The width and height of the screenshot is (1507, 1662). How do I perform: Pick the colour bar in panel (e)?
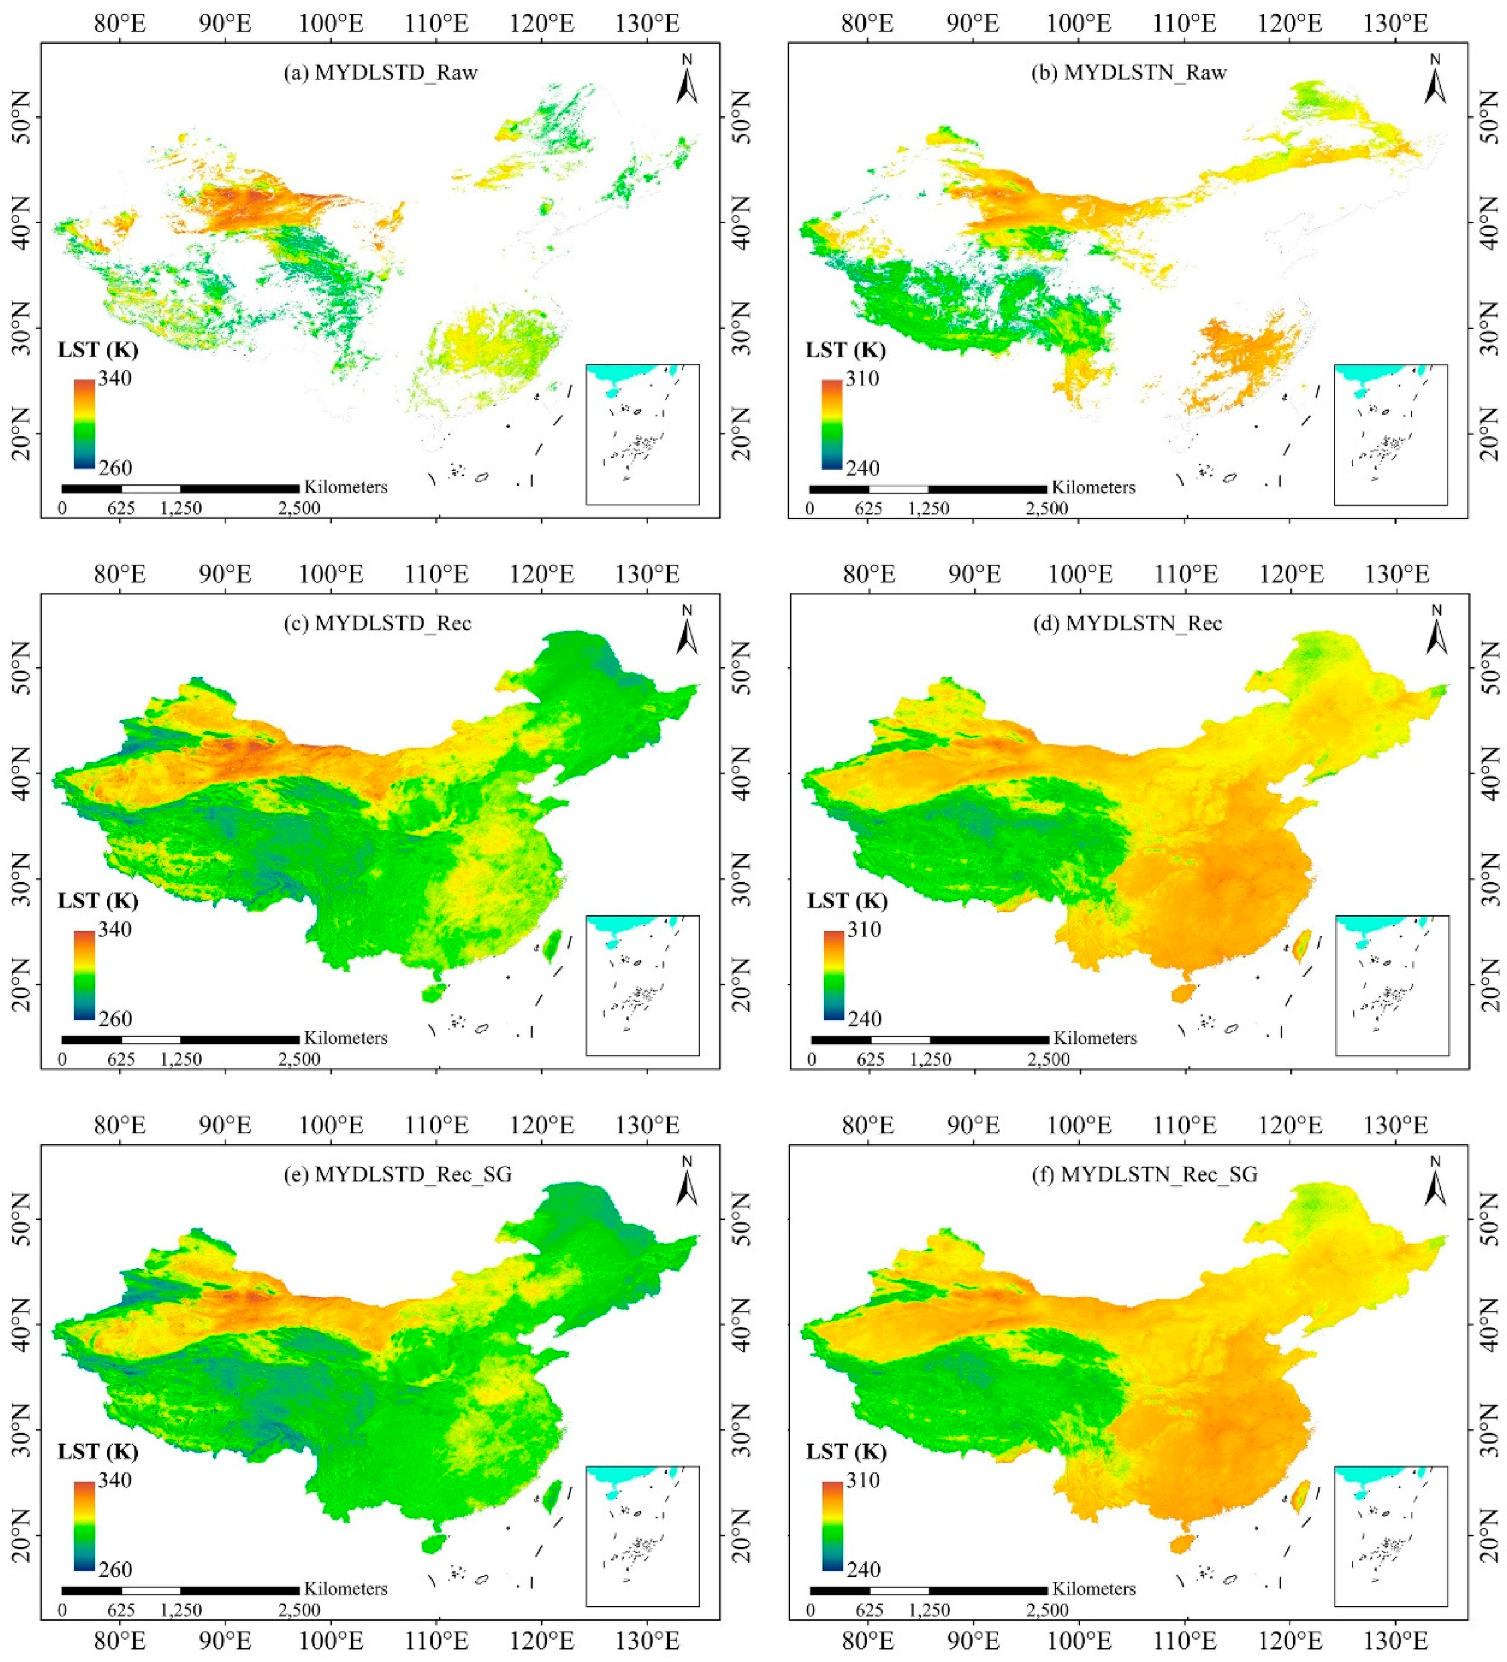[84, 1525]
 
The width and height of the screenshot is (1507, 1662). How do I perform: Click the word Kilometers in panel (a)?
[345, 486]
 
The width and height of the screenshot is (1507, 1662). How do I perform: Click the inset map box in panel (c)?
[642, 985]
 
